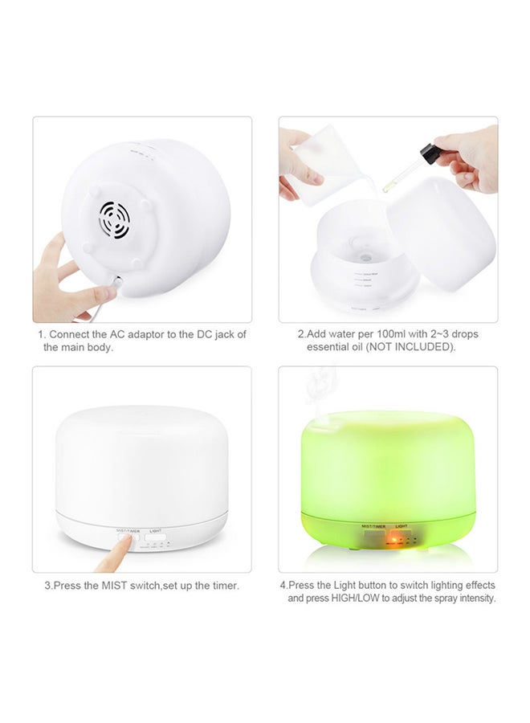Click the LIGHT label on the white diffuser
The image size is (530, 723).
tap(156, 531)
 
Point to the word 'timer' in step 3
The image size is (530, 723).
tap(222, 586)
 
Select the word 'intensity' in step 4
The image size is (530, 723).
tap(475, 598)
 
